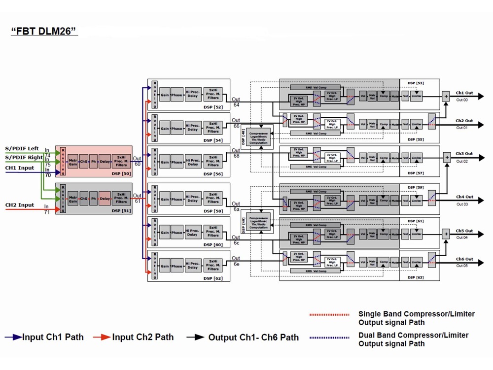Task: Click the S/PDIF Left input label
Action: point(22,148)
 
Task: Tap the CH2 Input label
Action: point(20,205)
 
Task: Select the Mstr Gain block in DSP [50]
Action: point(73,162)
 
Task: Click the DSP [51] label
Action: point(121,210)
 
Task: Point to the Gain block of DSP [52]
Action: point(164,95)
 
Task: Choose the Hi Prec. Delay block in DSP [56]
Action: point(192,162)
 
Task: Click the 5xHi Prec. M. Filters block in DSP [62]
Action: point(213,266)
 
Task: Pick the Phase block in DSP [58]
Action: point(176,200)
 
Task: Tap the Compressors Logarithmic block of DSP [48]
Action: point(262,136)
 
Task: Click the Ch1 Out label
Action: point(464,93)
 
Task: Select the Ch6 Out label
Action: point(464,259)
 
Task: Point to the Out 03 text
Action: point(461,204)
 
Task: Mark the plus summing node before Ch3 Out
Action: point(447,158)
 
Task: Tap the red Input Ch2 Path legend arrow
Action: point(103,337)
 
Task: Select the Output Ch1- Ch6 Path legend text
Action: point(253,338)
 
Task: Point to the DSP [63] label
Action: point(416,277)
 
